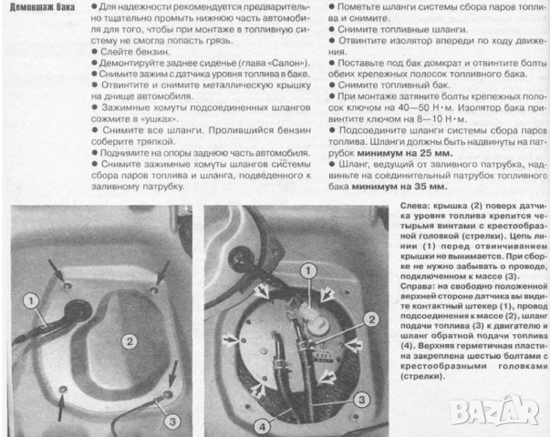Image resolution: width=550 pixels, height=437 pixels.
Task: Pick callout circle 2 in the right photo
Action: coord(370,319)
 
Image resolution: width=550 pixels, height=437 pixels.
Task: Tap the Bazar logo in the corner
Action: coord(508,412)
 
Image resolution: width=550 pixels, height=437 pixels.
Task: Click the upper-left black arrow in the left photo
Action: coord(60,269)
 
